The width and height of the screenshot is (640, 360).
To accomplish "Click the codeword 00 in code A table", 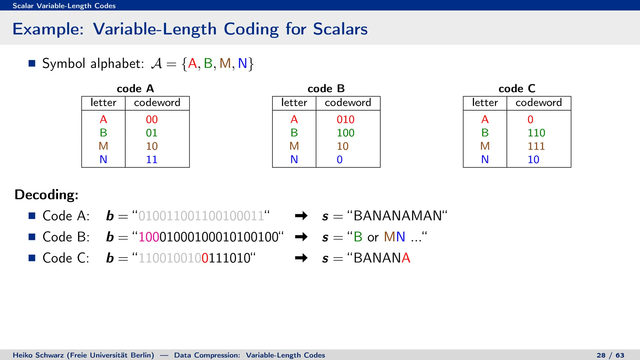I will pos(152,119).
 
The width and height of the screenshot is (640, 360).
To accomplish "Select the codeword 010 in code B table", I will pos(345,119).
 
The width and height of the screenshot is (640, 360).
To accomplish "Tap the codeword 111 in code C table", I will pos(536,146).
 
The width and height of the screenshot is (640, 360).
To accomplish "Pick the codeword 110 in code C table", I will pos(536,133).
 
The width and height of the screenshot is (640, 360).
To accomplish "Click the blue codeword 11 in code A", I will pos(152,160).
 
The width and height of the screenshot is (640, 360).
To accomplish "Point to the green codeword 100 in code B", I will pos(345,133).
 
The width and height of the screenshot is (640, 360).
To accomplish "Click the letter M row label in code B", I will pos(294,146).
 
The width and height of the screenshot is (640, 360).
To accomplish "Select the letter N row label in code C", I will pos(485,160).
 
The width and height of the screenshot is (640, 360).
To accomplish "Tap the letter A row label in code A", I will pos(103,119).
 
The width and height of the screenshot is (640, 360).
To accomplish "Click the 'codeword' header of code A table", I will pos(157,102).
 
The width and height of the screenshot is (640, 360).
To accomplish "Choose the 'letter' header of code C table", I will pos(485,102).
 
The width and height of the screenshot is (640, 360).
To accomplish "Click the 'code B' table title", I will pos(326,89).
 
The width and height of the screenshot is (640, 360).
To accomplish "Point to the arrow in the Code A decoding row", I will pos(301,216).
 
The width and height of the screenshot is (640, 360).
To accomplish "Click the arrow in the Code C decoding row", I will pos(301,258).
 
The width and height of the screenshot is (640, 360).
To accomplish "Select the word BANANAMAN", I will pos(397,216).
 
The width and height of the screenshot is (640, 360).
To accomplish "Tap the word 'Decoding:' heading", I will pos(47,195).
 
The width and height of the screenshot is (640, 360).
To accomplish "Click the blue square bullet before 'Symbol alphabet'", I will pos(32,63).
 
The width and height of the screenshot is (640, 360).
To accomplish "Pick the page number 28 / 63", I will pos(610,355).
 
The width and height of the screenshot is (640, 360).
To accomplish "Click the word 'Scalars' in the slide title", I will pos(340,29).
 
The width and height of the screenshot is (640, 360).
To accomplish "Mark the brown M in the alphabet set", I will pos(225,63).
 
